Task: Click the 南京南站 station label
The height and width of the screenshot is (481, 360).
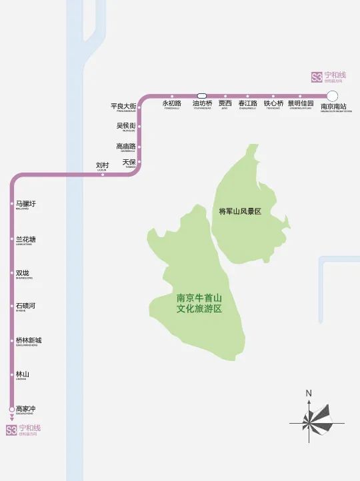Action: click(333, 107)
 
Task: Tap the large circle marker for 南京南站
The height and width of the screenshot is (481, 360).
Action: click(332, 95)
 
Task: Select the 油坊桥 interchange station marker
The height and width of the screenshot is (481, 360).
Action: click(202, 95)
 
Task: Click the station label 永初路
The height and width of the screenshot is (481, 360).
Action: click(171, 104)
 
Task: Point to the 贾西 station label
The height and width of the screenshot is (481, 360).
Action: click(225, 104)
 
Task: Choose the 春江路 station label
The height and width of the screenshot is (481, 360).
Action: click(247, 104)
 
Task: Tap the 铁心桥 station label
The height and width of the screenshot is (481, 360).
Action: click(273, 104)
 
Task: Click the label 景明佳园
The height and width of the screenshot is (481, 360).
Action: click(301, 104)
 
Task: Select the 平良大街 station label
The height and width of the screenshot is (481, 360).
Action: click(123, 107)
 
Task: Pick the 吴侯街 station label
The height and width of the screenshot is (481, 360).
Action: click(126, 126)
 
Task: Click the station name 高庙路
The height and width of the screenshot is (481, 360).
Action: click(125, 147)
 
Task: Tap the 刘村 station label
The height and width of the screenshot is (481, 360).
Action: click(102, 165)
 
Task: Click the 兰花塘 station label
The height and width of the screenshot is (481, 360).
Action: click(26, 239)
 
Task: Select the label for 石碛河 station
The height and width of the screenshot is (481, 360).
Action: click(25, 306)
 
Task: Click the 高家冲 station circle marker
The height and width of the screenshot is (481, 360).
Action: click(11, 408)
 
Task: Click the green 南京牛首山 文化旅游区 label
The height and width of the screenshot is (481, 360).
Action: click(199, 304)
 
